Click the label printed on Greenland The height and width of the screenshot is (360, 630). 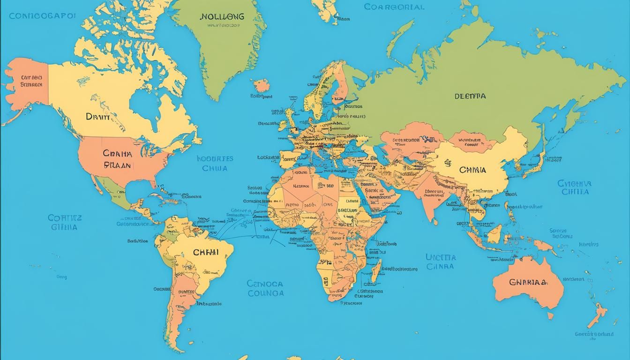click(x=222, y=17)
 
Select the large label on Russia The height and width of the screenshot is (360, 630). click(x=470, y=96)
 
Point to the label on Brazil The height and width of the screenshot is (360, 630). click(x=205, y=252)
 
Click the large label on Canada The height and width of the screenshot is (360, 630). click(x=97, y=117)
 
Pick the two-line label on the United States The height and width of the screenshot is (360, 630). click(x=118, y=159)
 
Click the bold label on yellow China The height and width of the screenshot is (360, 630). click(x=472, y=170)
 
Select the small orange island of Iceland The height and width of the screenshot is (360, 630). click(x=262, y=86)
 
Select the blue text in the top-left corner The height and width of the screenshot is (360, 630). click(x=42, y=15)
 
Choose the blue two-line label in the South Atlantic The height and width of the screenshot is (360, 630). click(x=265, y=288)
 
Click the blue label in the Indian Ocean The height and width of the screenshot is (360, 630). click(x=440, y=262)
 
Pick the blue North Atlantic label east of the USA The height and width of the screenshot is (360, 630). click(x=215, y=164)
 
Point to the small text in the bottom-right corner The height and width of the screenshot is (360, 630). click(x=593, y=335)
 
